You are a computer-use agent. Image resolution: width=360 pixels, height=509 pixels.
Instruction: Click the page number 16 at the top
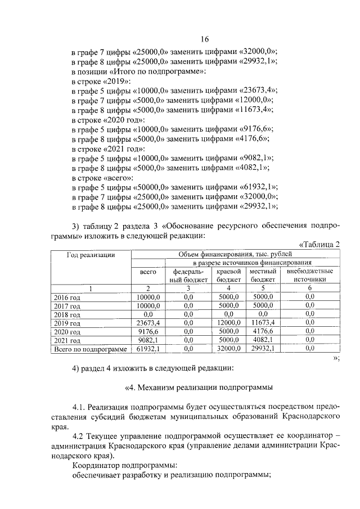pos(204,39)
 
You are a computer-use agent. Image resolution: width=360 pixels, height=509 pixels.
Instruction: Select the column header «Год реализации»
pos(91,254)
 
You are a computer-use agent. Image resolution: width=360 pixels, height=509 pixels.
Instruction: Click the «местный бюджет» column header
pos(263,275)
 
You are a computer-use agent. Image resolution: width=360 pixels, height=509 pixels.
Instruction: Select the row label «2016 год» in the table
pos(67,296)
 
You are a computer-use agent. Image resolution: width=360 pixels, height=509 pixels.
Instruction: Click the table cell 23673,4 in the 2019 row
pos(148,323)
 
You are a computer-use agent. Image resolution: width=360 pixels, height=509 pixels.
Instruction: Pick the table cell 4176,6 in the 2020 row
pos(263,332)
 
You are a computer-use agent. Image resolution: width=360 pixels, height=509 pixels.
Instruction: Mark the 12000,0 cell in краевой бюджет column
pos(229,323)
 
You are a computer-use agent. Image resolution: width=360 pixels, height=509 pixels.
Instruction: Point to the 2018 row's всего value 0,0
pos(148,314)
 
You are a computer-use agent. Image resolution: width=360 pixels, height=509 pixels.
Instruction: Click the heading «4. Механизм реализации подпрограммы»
pos(199,388)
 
